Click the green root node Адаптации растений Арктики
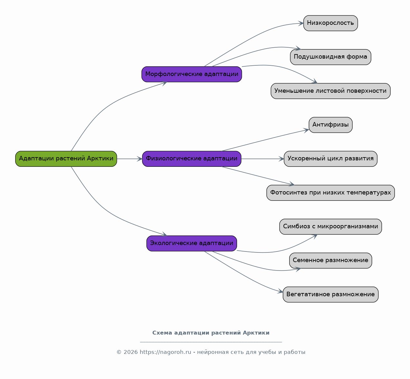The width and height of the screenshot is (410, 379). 66,159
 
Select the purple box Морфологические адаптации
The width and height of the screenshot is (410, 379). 192,74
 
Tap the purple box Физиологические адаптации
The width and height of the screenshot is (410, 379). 192,159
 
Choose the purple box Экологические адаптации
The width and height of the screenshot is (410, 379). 192,243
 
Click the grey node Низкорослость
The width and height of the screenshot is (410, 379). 330,23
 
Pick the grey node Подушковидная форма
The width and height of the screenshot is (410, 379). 330,57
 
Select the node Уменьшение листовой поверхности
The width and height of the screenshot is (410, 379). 330,91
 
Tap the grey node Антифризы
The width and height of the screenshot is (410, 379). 330,125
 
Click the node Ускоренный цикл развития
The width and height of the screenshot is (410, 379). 330,159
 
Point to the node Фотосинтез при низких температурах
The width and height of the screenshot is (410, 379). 330,193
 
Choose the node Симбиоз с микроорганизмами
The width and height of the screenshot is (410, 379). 330,227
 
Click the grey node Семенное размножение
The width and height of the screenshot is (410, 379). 330,261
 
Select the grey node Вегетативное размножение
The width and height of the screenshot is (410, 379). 330,295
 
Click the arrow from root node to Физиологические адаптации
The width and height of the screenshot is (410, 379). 129,159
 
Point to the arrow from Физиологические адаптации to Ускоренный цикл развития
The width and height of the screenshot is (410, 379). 262,159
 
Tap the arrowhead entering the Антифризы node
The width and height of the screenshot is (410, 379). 306,130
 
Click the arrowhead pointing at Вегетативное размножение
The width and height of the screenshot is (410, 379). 280,291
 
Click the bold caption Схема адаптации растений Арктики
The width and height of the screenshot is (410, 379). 211,333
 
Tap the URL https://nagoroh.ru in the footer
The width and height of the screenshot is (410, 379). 165,352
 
